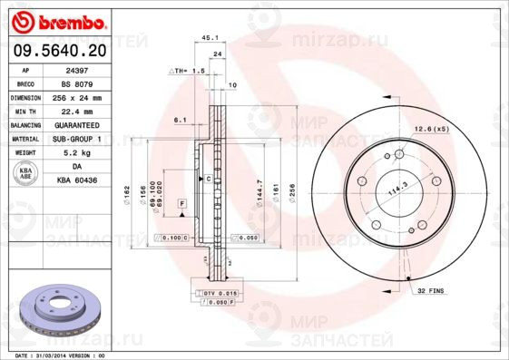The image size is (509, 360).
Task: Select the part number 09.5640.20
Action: click(58, 53)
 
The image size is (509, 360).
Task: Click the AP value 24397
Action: click(76, 69)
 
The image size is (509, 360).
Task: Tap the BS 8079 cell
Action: click(76, 83)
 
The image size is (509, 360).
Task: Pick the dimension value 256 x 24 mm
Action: click(76, 97)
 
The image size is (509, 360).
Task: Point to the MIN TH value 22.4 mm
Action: click(76, 111)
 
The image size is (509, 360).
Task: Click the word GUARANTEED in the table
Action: click(76, 124)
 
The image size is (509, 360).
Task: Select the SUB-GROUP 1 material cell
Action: click(76, 139)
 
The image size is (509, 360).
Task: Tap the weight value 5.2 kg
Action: click(76, 152)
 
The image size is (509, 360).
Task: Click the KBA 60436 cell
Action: click(76, 180)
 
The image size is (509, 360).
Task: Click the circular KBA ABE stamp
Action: click(26, 173)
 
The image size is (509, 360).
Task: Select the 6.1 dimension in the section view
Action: click(181, 119)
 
